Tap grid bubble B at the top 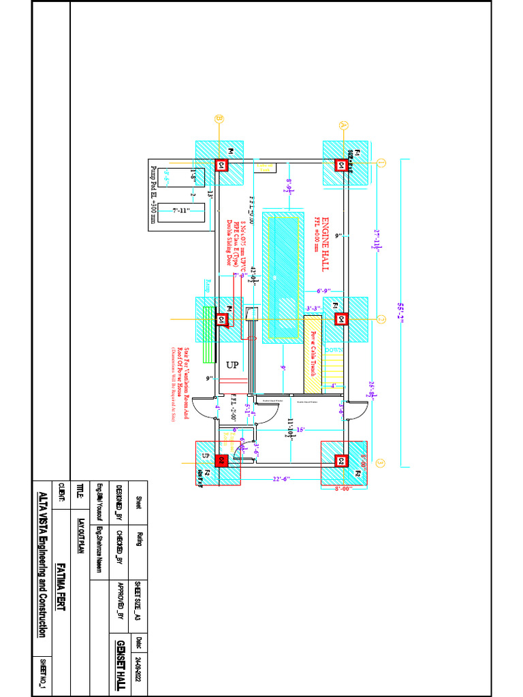pos(219,118)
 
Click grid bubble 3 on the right pos(381,464)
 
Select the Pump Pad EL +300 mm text pos(153,193)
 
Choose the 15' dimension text pos(300,428)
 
